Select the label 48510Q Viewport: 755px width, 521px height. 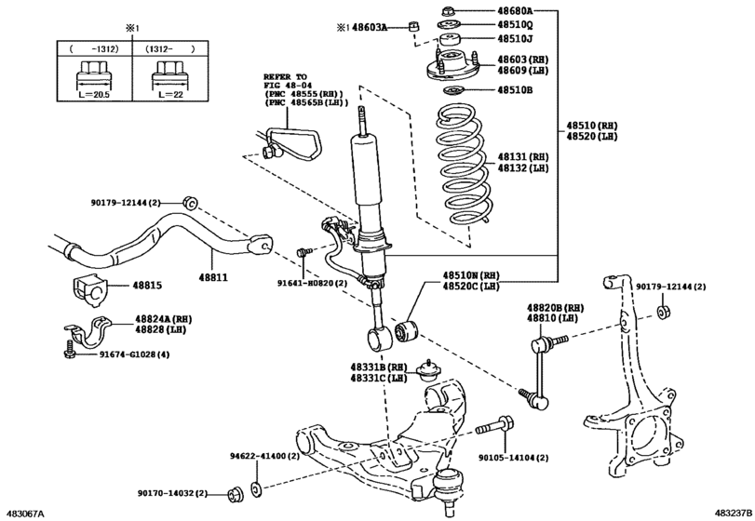pos(514,25)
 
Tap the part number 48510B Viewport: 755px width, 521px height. pos(514,91)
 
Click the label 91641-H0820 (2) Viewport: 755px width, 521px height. pos(312,284)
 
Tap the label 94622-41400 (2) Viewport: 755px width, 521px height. pos(264,457)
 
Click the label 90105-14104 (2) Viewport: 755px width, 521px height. pos(514,458)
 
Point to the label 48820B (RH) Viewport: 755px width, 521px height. pos(555,307)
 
